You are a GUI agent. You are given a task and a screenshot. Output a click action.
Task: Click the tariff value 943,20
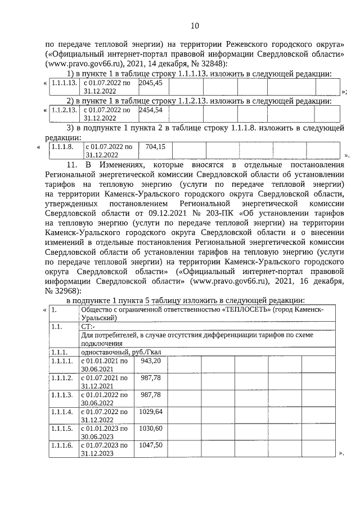[x=150, y=361]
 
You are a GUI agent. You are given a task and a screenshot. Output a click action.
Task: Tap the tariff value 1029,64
[x=150, y=412]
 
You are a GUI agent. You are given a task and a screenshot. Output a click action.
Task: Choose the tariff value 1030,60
[x=150, y=429]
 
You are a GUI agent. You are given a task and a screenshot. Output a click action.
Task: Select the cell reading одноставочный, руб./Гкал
[x=120, y=352]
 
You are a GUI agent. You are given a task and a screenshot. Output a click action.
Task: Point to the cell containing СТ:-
[x=88, y=326]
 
